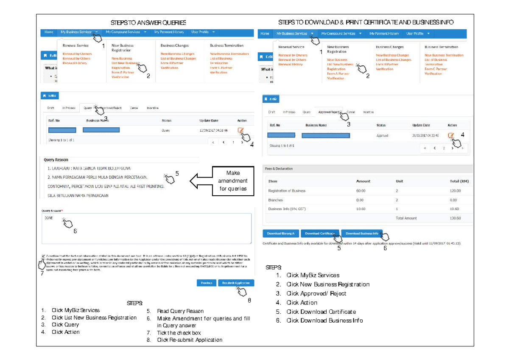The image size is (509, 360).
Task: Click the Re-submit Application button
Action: click(236, 283)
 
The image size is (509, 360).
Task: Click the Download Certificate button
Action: click(319, 233)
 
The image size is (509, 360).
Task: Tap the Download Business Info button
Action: click(361, 233)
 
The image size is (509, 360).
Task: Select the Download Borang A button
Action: click(280, 233)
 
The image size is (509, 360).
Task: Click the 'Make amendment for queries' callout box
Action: click(233, 181)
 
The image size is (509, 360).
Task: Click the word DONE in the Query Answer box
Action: click(49, 217)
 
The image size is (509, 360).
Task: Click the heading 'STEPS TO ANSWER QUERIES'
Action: click(148, 22)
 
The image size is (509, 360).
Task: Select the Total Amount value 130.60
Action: click(455, 218)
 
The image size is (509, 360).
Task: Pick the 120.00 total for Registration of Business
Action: click(455, 191)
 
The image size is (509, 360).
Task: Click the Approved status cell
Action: click(382, 136)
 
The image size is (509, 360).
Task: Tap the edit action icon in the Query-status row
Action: click(241, 130)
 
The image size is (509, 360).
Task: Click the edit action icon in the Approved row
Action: click(451, 135)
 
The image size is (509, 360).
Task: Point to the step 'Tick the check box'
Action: click(179, 333)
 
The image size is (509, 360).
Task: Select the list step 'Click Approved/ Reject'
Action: click(316, 293)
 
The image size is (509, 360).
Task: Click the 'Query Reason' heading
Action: click(56, 160)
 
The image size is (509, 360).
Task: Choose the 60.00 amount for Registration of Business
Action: click(361, 191)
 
